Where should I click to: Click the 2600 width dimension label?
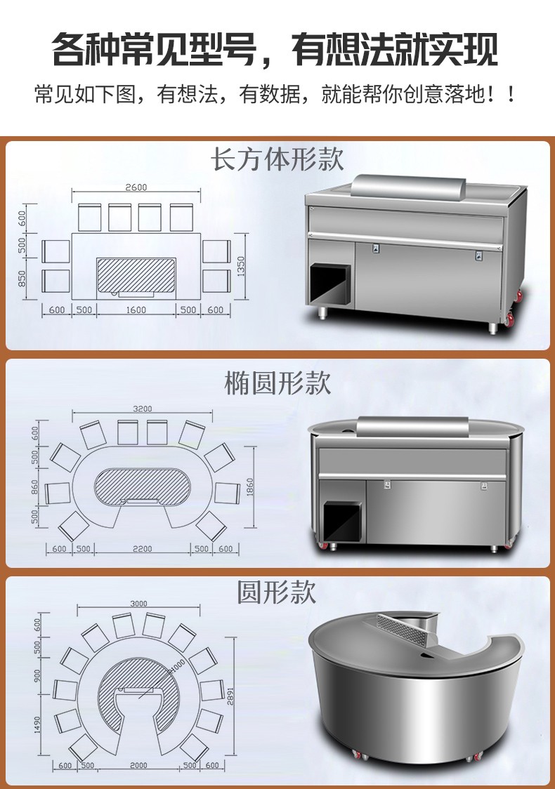point(136,187)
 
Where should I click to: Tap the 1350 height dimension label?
point(241,266)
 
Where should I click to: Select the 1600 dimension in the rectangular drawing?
point(136,310)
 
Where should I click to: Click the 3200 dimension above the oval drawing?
point(142,409)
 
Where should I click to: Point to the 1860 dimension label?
point(251,487)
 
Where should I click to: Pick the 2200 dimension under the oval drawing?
point(142,549)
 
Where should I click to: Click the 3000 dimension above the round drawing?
point(138,604)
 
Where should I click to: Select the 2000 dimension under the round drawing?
point(138,765)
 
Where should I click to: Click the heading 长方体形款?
point(277,159)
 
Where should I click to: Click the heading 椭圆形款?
point(277,383)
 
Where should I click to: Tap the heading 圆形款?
point(277,592)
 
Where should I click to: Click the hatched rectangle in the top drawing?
point(136,274)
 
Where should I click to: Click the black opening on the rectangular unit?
point(329,285)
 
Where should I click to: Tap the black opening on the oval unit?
point(342,522)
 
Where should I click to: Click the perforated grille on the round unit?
point(403,630)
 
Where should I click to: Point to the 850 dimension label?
point(22,279)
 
